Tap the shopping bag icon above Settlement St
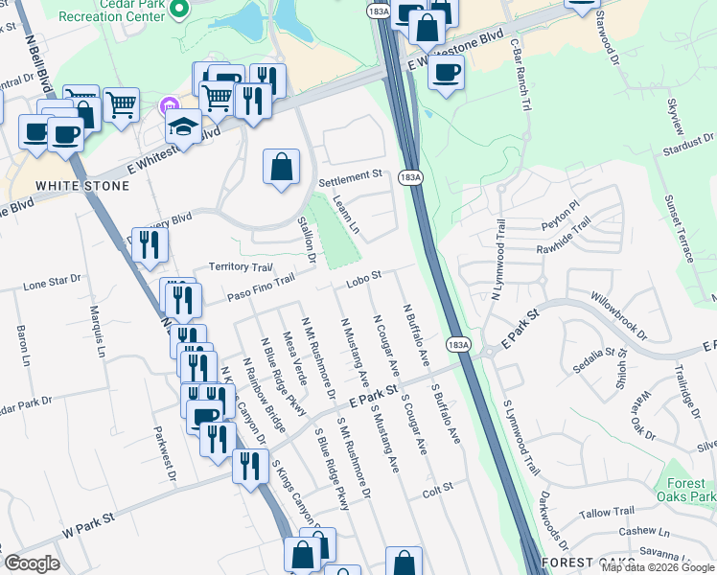281,168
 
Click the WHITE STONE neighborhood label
69,185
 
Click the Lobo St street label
364,277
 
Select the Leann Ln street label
346,215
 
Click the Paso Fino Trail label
258,287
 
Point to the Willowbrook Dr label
618,316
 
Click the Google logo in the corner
32,563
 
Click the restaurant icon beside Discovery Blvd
150,245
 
